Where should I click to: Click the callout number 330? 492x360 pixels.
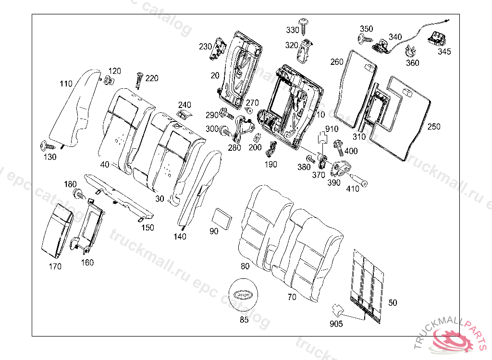point(293,30)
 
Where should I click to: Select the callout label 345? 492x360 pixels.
point(444,51)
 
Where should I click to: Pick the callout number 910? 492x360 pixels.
point(332,129)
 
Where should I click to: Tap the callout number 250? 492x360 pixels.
point(434,127)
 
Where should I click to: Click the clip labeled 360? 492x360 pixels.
point(411,50)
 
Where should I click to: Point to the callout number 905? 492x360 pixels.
point(336,324)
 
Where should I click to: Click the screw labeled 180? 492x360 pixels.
point(77,194)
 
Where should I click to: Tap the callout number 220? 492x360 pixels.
point(152,78)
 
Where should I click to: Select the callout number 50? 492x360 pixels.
point(393,303)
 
